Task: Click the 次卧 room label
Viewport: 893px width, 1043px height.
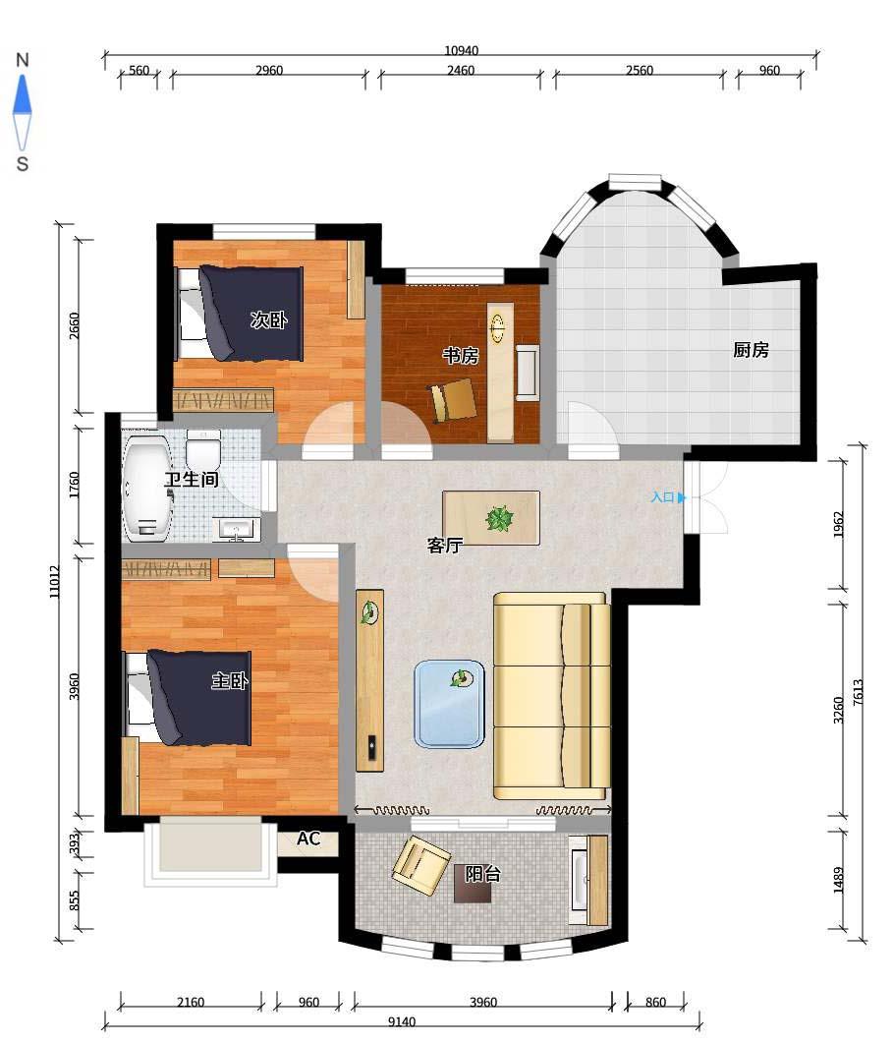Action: click(268, 319)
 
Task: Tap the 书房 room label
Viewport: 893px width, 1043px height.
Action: click(460, 356)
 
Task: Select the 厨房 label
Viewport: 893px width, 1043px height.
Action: click(751, 350)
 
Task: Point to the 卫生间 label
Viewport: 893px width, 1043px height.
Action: click(192, 479)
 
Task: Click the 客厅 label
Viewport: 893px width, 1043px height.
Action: click(444, 546)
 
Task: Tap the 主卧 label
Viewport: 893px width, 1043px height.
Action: click(230, 680)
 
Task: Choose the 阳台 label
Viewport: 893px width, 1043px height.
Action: click(482, 873)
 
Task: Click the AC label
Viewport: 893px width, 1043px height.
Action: click(308, 839)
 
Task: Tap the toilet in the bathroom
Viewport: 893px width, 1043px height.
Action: click(202, 449)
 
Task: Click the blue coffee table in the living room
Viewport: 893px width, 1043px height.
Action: click(450, 704)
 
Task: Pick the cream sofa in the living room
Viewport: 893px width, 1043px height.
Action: click(552, 696)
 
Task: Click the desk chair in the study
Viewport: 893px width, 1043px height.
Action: click(453, 400)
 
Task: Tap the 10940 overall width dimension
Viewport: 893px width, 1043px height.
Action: click(461, 50)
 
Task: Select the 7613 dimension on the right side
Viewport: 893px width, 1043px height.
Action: click(858, 692)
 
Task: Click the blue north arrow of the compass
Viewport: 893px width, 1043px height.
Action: click(23, 93)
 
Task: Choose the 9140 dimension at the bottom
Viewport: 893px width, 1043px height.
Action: click(402, 1021)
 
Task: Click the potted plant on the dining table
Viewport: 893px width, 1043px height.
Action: click(499, 519)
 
